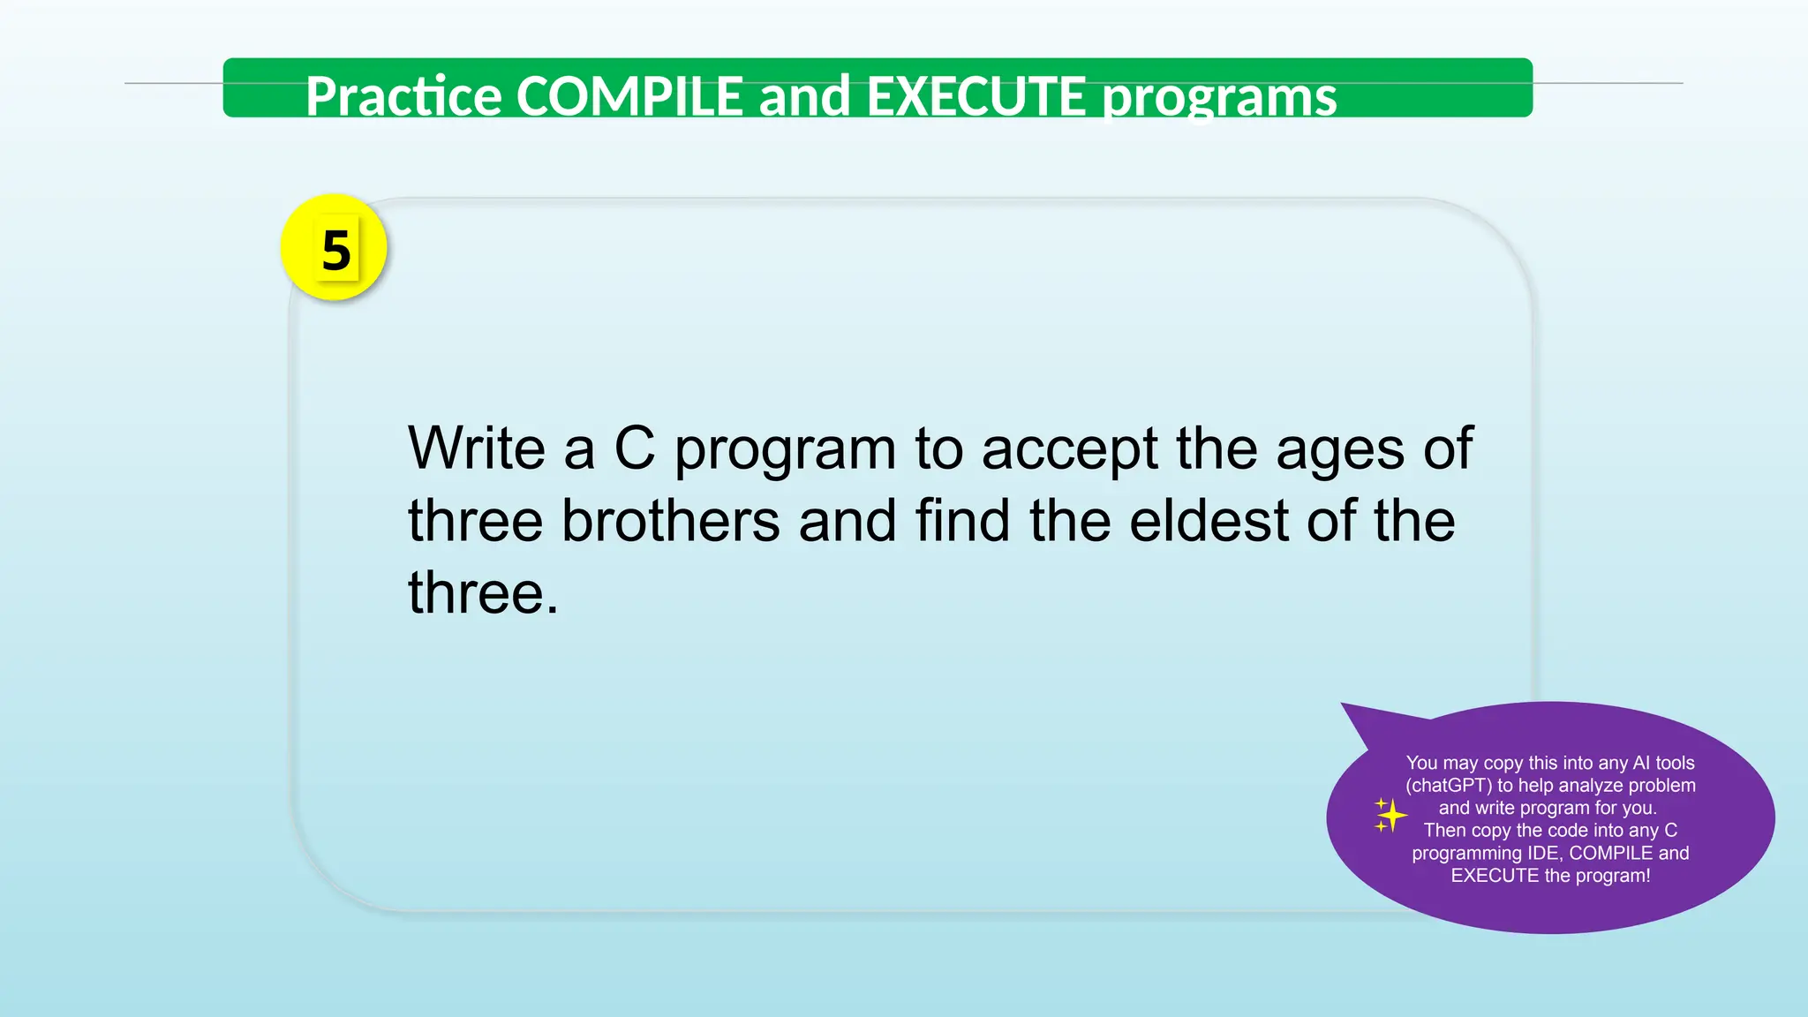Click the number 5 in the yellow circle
pyautogui.click(x=335, y=250)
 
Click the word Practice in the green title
pyautogui.click(x=403, y=95)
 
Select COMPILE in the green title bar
pyautogui.click(x=629, y=95)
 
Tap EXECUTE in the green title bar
pyautogui.click(x=976, y=95)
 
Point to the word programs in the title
pyautogui.click(x=1220, y=97)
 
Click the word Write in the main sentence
pyautogui.click(x=476, y=448)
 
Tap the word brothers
pyautogui.click(x=671, y=520)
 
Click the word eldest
pyautogui.click(x=1209, y=520)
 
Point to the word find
pyautogui.click(x=962, y=520)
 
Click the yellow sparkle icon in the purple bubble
pyautogui.click(x=1390, y=816)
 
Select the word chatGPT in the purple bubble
pyautogui.click(x=1449, y=786)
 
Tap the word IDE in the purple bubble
pyautogui.click(x=1543, y=853)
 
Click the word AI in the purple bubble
pyautogui.click(x=1641, y=763)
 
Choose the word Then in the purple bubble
pyautogui.click(x=1445, y=831)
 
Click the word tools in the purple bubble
pyautogui.click(x=1675, y=763)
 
